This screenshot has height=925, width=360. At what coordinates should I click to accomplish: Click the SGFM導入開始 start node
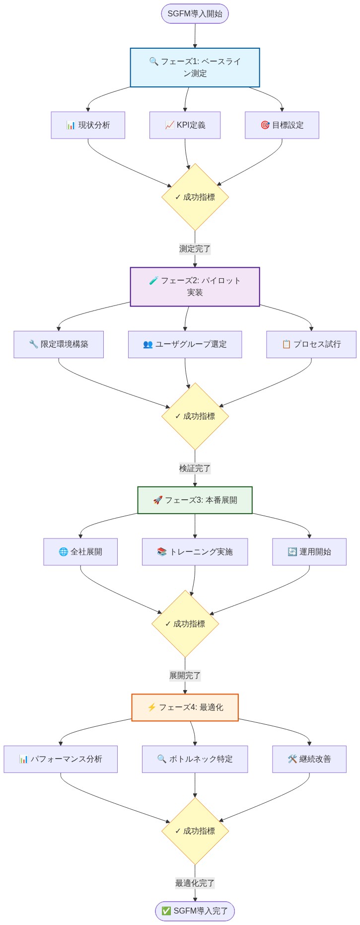195,13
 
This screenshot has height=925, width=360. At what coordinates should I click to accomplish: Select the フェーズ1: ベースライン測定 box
195,68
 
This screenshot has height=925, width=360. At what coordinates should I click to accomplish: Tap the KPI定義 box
185,125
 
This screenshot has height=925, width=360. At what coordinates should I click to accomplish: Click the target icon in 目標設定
265,125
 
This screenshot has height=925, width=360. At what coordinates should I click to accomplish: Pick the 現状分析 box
88,125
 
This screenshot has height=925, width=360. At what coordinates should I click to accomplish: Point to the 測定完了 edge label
195,249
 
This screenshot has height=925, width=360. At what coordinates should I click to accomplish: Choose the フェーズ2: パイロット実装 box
195,287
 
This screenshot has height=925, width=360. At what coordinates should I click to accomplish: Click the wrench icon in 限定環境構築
33,344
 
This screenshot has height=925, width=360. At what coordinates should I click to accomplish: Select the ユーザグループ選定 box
185,344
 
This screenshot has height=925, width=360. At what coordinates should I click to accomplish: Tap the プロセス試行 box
311,344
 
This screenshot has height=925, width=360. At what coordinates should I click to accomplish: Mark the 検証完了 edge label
195,468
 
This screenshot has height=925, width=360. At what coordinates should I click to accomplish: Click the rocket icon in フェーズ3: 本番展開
157,500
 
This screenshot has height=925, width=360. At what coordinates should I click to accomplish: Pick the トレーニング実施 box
195,552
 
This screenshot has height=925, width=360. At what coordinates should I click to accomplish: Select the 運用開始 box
309,552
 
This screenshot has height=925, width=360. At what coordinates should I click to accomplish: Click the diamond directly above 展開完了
185,624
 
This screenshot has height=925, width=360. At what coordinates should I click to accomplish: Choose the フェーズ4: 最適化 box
185,707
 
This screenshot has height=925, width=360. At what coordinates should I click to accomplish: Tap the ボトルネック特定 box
195,759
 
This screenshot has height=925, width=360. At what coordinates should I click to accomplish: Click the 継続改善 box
309,759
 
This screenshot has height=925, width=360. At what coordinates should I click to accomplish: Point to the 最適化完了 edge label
195,883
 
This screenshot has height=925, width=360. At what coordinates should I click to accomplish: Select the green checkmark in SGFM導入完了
166,911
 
